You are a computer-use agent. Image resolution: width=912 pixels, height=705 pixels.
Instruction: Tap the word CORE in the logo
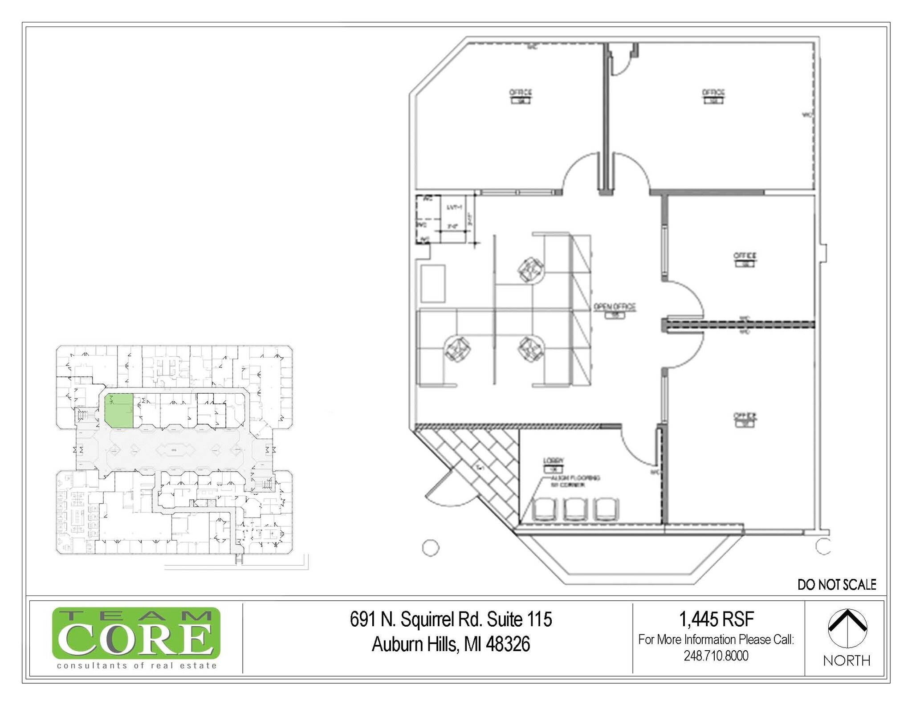(x=136, y=640)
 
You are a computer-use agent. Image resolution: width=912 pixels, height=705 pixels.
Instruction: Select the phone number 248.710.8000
(x=716, y=656)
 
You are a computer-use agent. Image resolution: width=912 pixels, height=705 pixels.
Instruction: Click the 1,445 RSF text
(x=716, y=619)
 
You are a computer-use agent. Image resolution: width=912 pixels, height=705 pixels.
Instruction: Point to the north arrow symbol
(x=847, y=628)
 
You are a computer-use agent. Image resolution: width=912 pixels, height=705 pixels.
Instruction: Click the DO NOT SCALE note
(x=837, y=585)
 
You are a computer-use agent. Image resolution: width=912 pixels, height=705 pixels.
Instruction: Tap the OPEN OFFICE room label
(x=615, y=307)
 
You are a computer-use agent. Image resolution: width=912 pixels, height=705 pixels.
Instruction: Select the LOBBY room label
(x=554, y=460)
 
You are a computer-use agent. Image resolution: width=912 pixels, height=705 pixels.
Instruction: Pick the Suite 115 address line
(x=451, y=619)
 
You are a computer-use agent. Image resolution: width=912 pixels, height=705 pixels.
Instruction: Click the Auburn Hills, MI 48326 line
(x=451, y=644)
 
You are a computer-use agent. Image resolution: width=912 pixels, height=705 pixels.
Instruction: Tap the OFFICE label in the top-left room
(x=521, y=93)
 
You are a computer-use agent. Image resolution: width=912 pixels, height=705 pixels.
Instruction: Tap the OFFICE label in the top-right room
(x=713, y=93)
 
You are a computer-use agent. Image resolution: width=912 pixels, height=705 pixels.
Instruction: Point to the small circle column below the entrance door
(x=430, y=547)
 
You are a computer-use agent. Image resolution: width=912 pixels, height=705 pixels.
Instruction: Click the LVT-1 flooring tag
(x=454, y=208)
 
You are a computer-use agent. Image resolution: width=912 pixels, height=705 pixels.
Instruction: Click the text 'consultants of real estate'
(x=137, y=665)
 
